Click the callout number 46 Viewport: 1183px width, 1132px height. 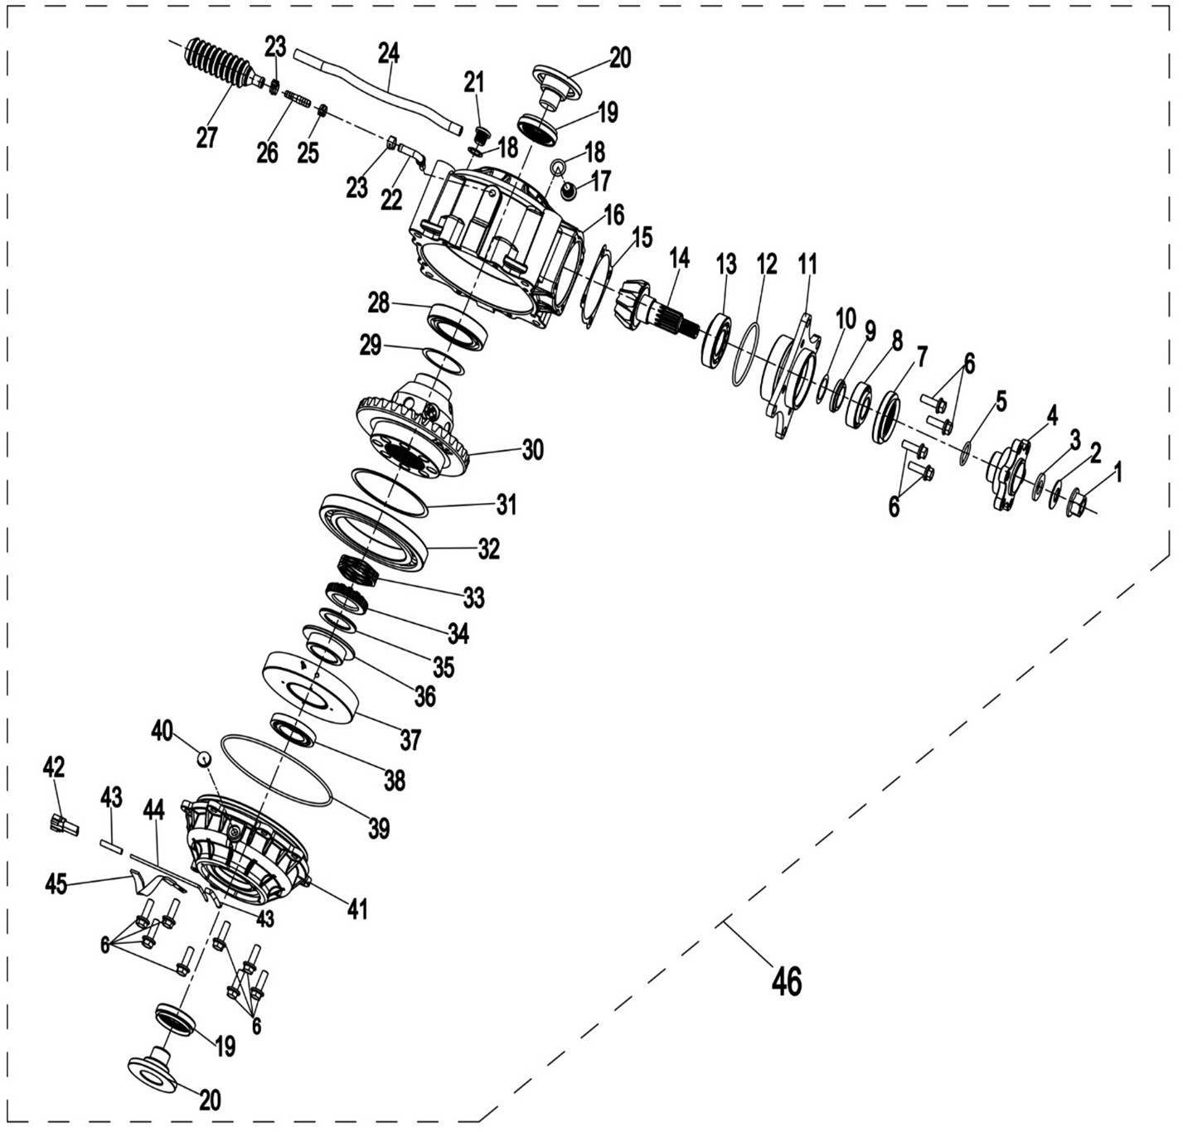pyautogui.click(x=786, y=981)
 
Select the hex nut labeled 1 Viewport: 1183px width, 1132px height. pyautogui.click(x=1076, y=501)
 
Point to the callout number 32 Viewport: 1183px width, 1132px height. pyautogui.click(x=488, y=549)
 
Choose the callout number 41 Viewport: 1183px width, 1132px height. pyautogui.click(x=356, y=909)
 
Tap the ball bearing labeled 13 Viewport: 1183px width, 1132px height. pyautogui.click(x=716, y=340)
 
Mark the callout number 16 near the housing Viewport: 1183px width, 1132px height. pyautogui.click(x=613, y=215)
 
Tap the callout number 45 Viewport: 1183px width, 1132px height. pyautogui.click(x=56, y=883)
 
